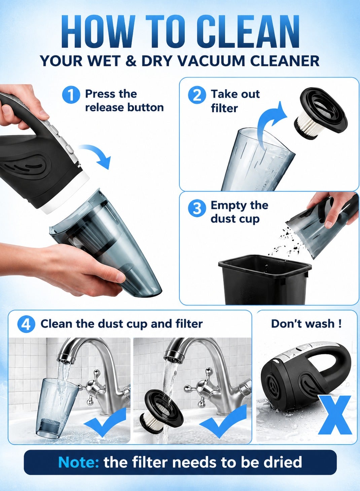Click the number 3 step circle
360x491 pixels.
click(197, 208)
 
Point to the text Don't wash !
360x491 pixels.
click(306, 324)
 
